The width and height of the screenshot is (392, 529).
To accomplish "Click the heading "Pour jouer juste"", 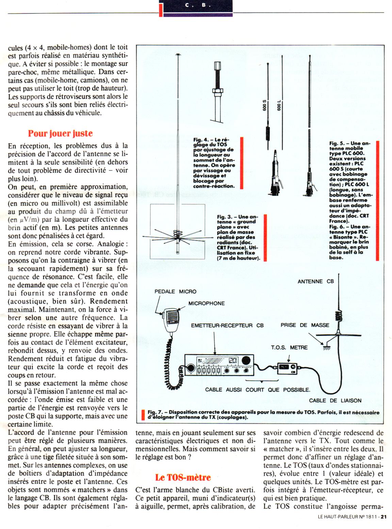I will [60, 133].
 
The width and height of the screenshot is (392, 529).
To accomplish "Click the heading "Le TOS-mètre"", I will [183, 477].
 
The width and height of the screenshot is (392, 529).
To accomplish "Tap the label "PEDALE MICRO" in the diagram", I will [175, 291].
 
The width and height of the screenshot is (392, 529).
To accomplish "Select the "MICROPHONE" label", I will [207, 303].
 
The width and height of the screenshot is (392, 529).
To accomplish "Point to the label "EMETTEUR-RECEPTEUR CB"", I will [227, 326].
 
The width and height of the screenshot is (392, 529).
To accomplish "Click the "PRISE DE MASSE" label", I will [305, 325].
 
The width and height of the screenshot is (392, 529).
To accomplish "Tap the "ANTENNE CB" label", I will [315, 282].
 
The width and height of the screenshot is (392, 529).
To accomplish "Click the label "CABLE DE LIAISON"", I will [335, 400].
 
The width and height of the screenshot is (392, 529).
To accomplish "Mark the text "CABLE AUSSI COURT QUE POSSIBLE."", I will [258, 390].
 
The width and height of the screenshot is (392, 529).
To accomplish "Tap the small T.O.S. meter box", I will [287, 368].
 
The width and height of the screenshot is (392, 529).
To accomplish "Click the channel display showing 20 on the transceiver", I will [233, 361].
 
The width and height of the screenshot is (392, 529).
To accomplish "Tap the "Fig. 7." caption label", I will [155, 412].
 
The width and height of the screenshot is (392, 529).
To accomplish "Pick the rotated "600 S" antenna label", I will [265, 106].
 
